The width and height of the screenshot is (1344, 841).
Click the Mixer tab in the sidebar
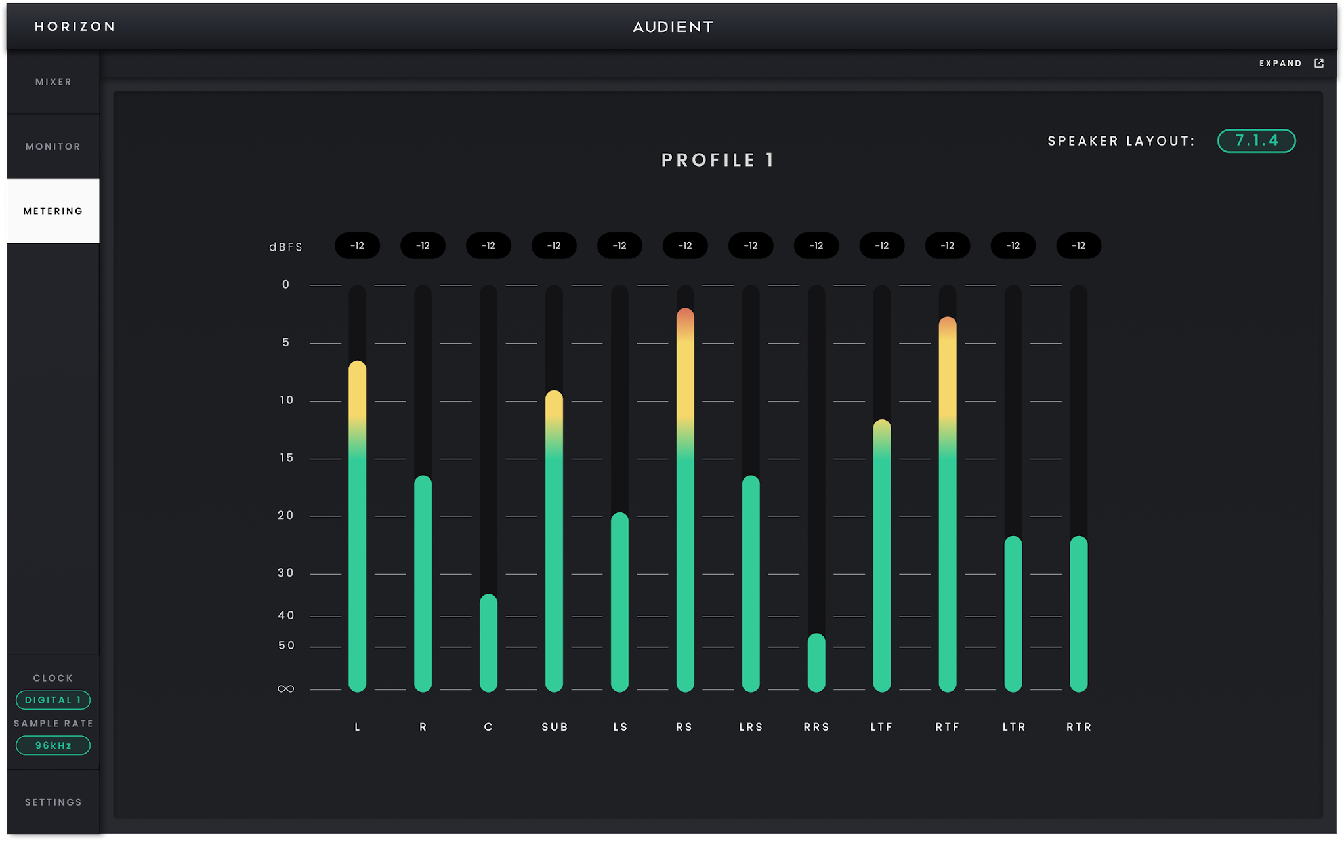[x=53, y=82]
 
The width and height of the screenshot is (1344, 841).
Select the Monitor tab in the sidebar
[x=53, y=146]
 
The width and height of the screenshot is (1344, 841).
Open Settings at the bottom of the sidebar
[x=53, y=802]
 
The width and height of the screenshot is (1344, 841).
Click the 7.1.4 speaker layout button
[x=1256, y=140]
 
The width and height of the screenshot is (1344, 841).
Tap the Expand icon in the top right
[x=1319, y=63]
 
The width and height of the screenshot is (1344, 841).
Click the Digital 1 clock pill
[x=53, y=700]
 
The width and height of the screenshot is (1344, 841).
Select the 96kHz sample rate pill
[x=53, y=745]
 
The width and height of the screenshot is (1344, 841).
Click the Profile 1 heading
[x=718, y=160]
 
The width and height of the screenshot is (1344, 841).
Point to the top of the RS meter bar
[x=685, y=309]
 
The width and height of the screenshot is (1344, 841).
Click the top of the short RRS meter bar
[x=816, y=634]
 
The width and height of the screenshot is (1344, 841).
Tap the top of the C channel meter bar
[x=488, y=595]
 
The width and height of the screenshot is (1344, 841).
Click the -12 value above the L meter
[x=357, y=245]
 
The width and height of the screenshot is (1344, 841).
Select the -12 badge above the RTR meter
[x=1079, y=245]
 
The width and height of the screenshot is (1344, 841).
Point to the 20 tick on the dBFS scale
[x=286, y=516]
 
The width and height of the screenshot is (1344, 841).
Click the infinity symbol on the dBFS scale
[x=286, y=689]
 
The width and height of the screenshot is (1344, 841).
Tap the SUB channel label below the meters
[x=555, y=727]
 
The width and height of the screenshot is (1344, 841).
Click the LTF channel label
[x=881, y=727]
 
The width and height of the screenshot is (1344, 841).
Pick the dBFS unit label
[x=286, y=247]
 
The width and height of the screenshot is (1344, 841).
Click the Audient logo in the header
[x=673, y=27]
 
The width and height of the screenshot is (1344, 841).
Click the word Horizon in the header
[x=75, y=26]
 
